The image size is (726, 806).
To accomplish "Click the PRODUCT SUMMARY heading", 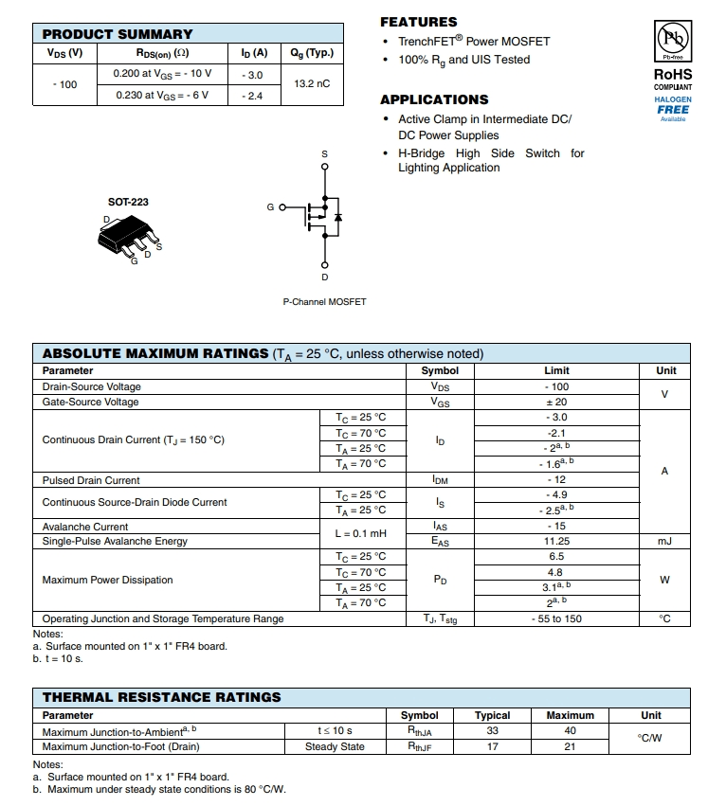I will [118, 34].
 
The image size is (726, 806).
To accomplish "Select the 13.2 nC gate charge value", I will [312, 83].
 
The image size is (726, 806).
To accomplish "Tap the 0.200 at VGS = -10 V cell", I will [162, 73].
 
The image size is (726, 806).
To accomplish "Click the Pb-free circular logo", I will [673, 42].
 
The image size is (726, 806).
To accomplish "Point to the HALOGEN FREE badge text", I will [673, 105].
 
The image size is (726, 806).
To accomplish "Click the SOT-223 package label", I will [128, 202].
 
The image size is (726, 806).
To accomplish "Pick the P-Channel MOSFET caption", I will [324, 301].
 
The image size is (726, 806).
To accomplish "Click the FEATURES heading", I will [418, 22].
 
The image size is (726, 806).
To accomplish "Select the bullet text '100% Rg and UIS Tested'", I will [463, 60].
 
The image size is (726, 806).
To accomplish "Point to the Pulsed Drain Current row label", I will [91, 480].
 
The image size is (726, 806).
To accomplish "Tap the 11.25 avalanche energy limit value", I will [556, 541].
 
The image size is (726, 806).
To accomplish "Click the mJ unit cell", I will [663, 541].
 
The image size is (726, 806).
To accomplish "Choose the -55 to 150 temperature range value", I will [556, 618].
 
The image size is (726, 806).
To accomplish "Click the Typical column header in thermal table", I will [492, 715].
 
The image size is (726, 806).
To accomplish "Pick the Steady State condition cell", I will [335, 746].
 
